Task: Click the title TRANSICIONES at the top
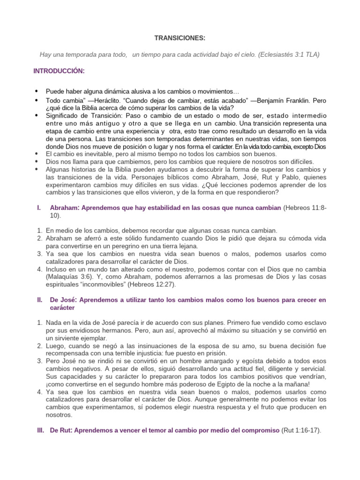coord(173,38)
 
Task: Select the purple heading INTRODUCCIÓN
coord(59,71)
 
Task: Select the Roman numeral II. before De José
coord(39,300)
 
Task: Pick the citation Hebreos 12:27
coord(195,284)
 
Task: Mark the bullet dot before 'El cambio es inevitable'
coord(37,154)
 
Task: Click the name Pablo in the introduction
coord(268,177)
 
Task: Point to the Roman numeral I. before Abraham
coord(39,208)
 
